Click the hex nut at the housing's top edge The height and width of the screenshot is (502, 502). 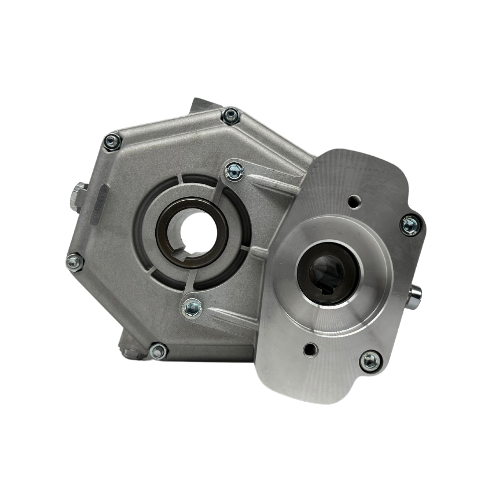pos(231,116)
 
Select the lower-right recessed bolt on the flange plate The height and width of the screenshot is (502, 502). pos(370,358)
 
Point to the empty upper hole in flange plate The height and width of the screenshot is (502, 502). pos(355,200)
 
